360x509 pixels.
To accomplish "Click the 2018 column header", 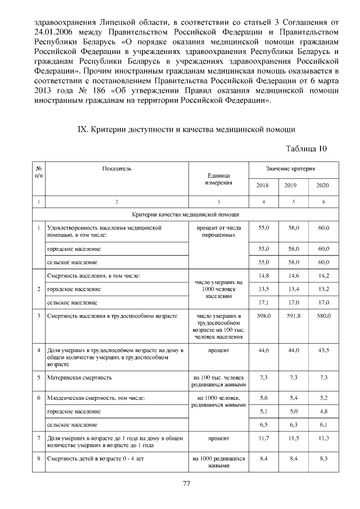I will (262, 185).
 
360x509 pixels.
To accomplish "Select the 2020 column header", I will (322, 185).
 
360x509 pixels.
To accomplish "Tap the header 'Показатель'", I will (116, 168).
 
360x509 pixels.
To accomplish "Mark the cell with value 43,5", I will (322, 350).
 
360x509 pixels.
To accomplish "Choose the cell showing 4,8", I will (322, 411).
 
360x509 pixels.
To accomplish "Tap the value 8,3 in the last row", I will (322, 458).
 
